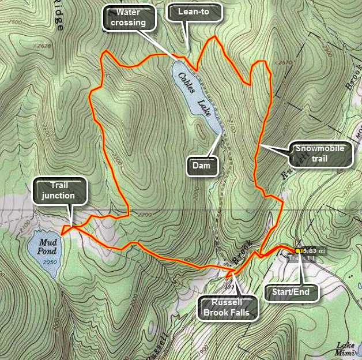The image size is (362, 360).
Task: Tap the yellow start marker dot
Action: [x=298, y=251]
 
